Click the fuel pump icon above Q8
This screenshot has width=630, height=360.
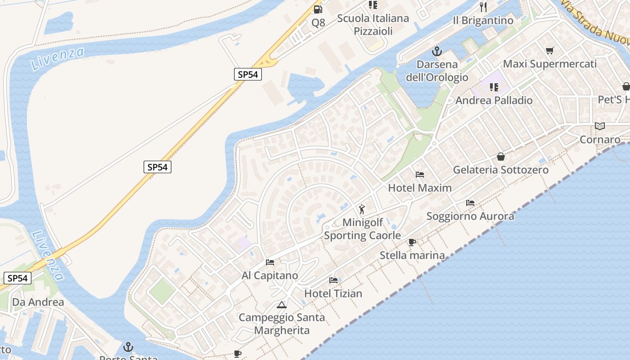(x=318, y=9)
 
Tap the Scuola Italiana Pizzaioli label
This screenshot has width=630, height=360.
(x=373, y=25)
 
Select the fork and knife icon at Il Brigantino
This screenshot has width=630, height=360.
(x=483, y=7)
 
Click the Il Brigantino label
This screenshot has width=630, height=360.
(x=483, y=21)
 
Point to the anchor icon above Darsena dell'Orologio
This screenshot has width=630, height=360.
(x=437, y=51)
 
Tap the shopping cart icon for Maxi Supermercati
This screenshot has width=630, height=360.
(x=549, y=50)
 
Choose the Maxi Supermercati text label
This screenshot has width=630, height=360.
(x=550, y=64)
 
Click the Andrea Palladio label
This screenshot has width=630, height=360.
(x=494, y=100)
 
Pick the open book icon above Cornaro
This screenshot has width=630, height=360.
(x=599, y=126)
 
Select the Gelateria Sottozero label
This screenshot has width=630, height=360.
(x=501, y=170)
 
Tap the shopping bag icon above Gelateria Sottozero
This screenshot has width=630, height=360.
(x=501, y=157)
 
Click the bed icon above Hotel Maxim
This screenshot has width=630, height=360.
(x=420, y=174)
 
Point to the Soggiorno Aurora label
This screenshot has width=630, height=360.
(x=470, y=216)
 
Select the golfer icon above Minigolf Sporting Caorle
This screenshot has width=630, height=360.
(x=362, y=209)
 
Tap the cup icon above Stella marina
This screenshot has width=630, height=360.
(x=412, y=242)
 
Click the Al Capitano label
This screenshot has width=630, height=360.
(x=270, y=275)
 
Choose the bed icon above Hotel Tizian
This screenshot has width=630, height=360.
(x=333, y=280)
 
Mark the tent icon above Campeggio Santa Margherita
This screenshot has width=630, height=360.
(x=282, y=305)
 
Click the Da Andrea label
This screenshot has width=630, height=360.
(x=38, y=302)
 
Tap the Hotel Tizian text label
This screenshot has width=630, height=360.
(x=333, y=293)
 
